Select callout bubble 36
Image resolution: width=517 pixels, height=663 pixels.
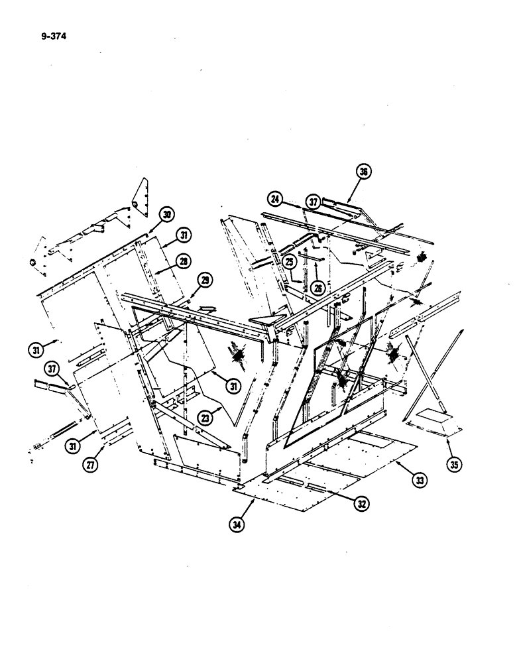tap(364, 172)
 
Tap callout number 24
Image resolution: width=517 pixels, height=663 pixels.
tap(276, 198)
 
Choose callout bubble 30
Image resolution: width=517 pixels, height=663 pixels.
tap(166, 214)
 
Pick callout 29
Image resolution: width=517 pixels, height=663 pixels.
tap(205, 281)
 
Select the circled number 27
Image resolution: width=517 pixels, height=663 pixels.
tap(87, 465)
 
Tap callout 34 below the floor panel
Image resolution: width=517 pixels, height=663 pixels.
tap(236, 524)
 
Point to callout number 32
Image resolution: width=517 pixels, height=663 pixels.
tap(361, 503)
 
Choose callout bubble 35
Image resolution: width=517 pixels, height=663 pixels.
tap(453, 464)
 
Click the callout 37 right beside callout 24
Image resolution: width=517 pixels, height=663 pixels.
tap(313, 201)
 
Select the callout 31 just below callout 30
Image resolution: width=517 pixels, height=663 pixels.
tap(183, 235)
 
